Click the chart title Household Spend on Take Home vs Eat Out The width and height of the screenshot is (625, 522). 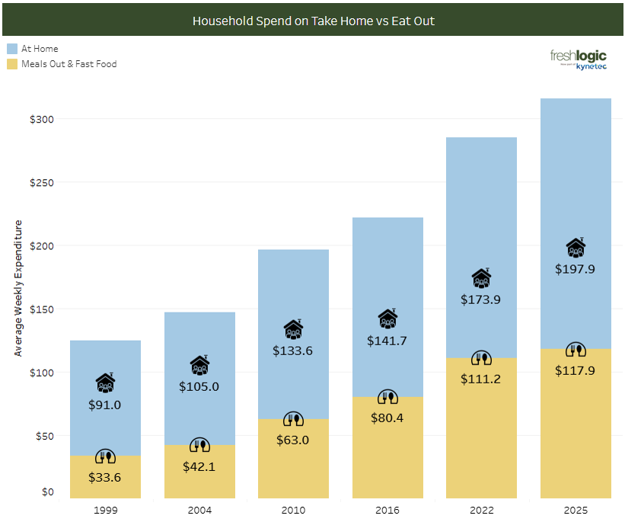pyautogui.click(x=313, y=21)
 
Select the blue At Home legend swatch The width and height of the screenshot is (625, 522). pyautogui.click(x=12, y=49)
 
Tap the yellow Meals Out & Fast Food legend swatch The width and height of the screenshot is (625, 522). pyautogui.click(x=12, y=64)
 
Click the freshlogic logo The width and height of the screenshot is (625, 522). pyautogui.click(x=578, y=59)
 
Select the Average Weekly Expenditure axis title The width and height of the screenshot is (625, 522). pyautogui.click(x=19, y=288)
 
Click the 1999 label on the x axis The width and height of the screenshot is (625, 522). pyautogui.click(x=105, y=510)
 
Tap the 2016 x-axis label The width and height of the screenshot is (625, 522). pyautogui.click(x=387, y=510)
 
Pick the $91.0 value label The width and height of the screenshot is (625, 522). pyautogui.click(x=105, y=405)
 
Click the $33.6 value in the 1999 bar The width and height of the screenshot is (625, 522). pyautogui.click(x=105, y=478)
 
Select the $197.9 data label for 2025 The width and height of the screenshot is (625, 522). pyautogui.click(x=576, y=269)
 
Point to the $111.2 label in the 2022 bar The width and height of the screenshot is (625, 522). pyautogui.click(x=481, y=379)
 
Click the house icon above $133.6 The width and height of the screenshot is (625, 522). pyautogui.click(x=294, y=329)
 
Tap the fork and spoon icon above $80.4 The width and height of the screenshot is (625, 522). pyautogui.click(x=387, y=397)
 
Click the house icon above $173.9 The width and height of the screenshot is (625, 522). pyautogui.click(x=481, y=278)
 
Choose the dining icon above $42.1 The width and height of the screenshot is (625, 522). pyautogui.click(x=199, y=446)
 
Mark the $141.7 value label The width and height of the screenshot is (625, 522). pyautogui.click(x=387, y=341)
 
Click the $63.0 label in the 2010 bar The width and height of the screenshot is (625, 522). pyautogui.click(x=294, y=440)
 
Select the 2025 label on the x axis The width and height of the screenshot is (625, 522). pyautogui.click(x=576, y=510)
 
